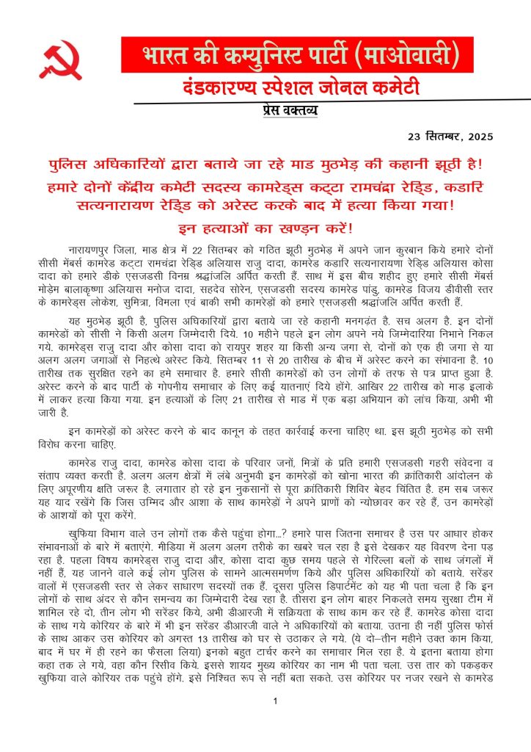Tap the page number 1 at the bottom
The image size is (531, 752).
[274, 701]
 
